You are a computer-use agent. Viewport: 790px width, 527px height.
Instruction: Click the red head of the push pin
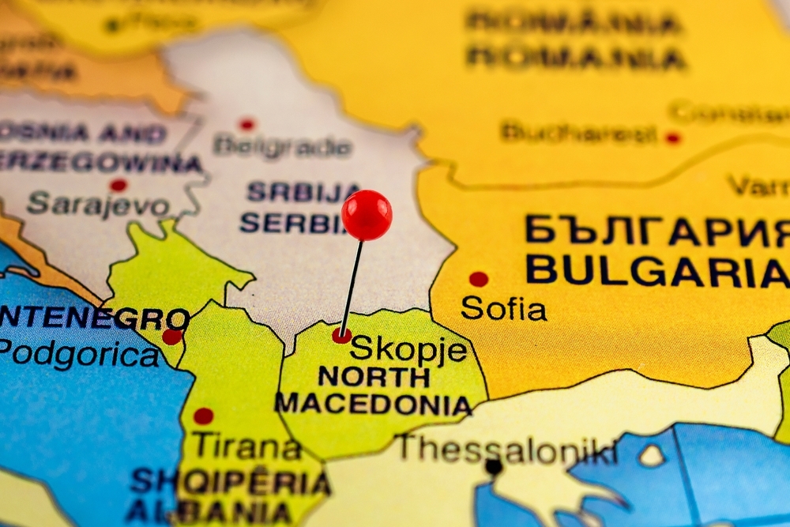click(367, 215)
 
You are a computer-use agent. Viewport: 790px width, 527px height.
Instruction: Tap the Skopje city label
click(408, 348)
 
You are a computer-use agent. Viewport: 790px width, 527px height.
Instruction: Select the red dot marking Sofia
click(478, 279)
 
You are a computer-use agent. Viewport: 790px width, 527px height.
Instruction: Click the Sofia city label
click(503, 307)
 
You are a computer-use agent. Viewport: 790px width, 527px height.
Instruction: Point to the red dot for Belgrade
click(247, 124)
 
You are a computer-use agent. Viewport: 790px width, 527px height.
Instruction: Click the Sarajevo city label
click(97, 205)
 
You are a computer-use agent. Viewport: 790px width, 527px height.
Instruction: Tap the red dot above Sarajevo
click(118, 186)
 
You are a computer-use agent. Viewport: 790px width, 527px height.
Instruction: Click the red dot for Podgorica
click(171, 337)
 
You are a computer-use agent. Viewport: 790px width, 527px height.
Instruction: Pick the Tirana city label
click(247, 446)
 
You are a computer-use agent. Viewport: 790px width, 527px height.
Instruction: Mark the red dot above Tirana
click(203, 416)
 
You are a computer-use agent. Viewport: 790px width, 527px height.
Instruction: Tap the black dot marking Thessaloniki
click(494, 467)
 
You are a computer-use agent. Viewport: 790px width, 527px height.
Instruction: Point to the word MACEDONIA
click(374, 405)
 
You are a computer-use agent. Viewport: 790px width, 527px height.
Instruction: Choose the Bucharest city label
click(578, 132)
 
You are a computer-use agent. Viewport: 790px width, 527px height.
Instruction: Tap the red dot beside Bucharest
click(672, 137)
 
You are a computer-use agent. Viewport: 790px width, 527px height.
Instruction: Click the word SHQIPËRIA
click(230, 481)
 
